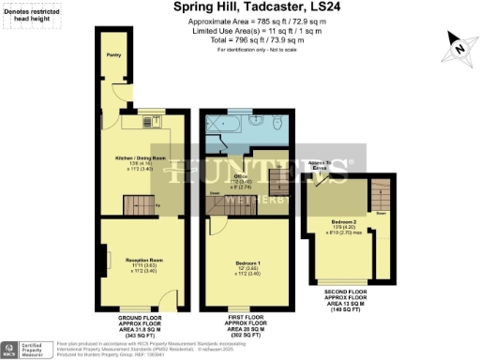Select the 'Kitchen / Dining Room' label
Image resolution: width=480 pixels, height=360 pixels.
coord(140,158)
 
